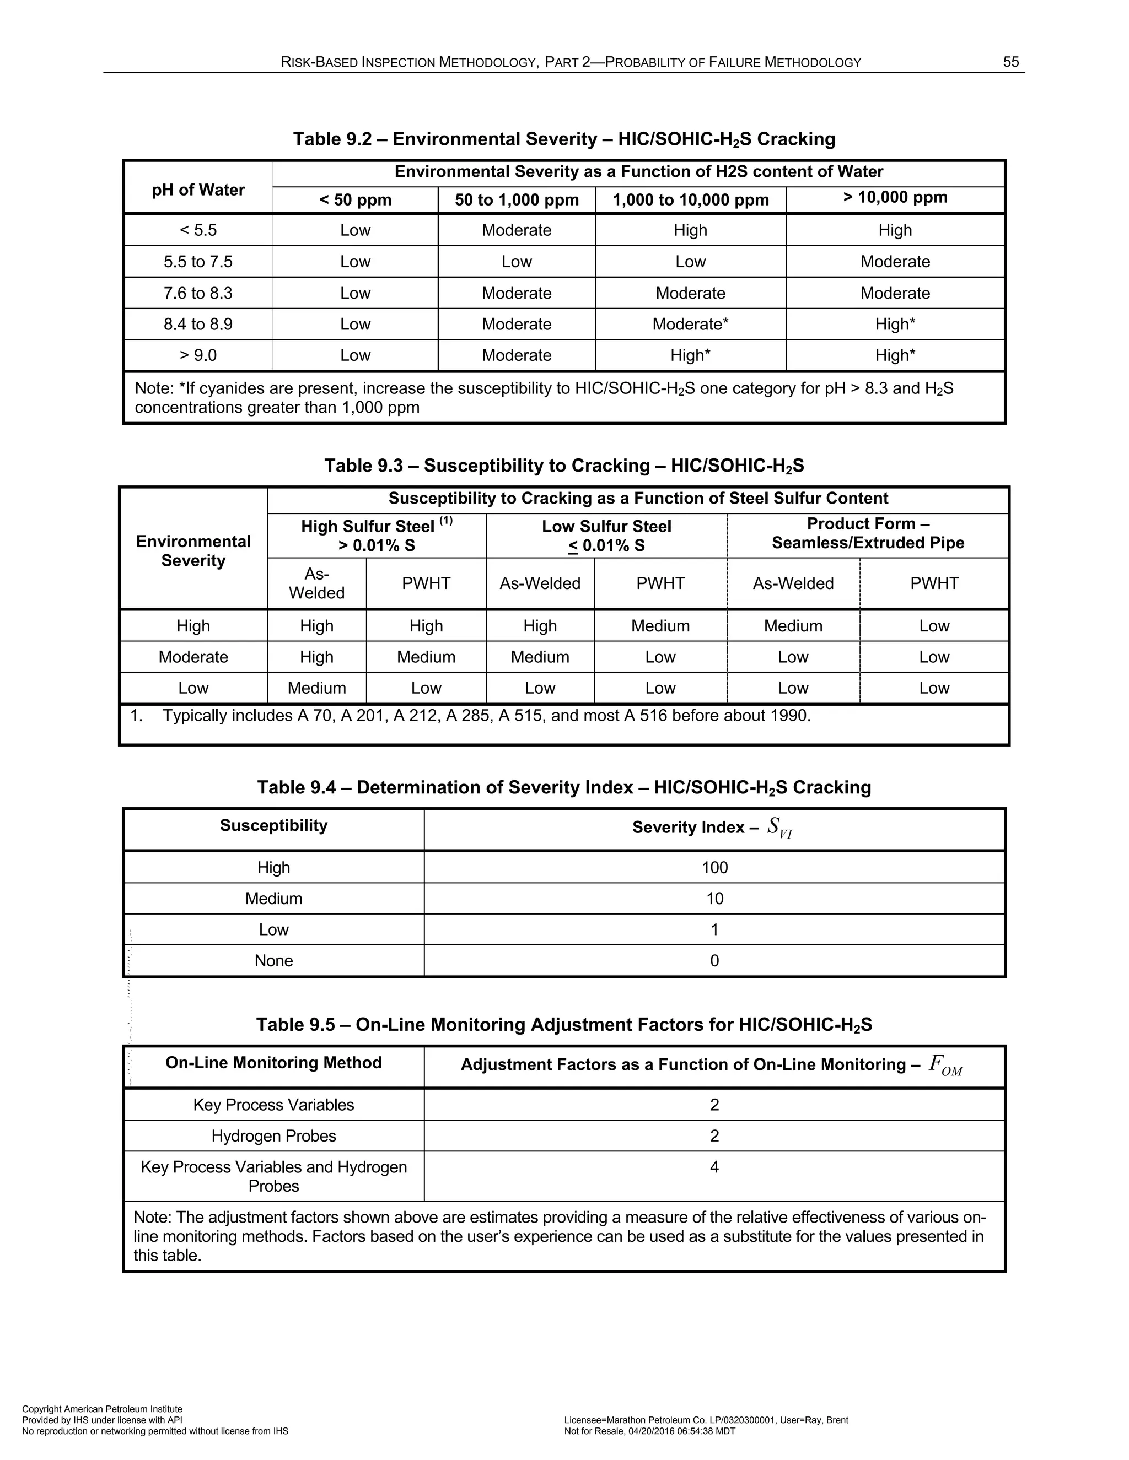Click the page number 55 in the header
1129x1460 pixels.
pos(1010,62)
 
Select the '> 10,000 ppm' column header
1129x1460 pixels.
pos(895,197)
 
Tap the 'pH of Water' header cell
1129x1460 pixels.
pos(198,190)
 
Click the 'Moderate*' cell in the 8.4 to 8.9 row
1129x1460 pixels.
pos(690,324)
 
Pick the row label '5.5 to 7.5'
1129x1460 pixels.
pos(198,261)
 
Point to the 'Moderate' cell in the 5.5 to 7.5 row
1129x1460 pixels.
pos(895,261)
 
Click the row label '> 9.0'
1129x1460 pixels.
pos(198,355)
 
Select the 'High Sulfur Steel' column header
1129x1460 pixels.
pos(376,536)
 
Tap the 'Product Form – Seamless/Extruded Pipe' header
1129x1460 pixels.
pos(868,533)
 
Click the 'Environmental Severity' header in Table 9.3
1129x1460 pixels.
pos(193,551)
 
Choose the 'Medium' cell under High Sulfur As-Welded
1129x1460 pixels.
pos(316,688)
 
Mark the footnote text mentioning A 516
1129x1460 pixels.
pos(486,716)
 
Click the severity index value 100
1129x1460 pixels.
pos(714,868)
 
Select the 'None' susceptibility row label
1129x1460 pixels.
pos(273,961)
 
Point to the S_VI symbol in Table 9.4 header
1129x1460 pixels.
pos(779,828)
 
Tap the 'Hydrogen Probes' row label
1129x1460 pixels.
pos(273,1136)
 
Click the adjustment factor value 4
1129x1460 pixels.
pos(714,1167)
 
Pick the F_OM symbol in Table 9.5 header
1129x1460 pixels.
pos(945,1064)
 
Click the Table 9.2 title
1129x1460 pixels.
pos(564,139)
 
